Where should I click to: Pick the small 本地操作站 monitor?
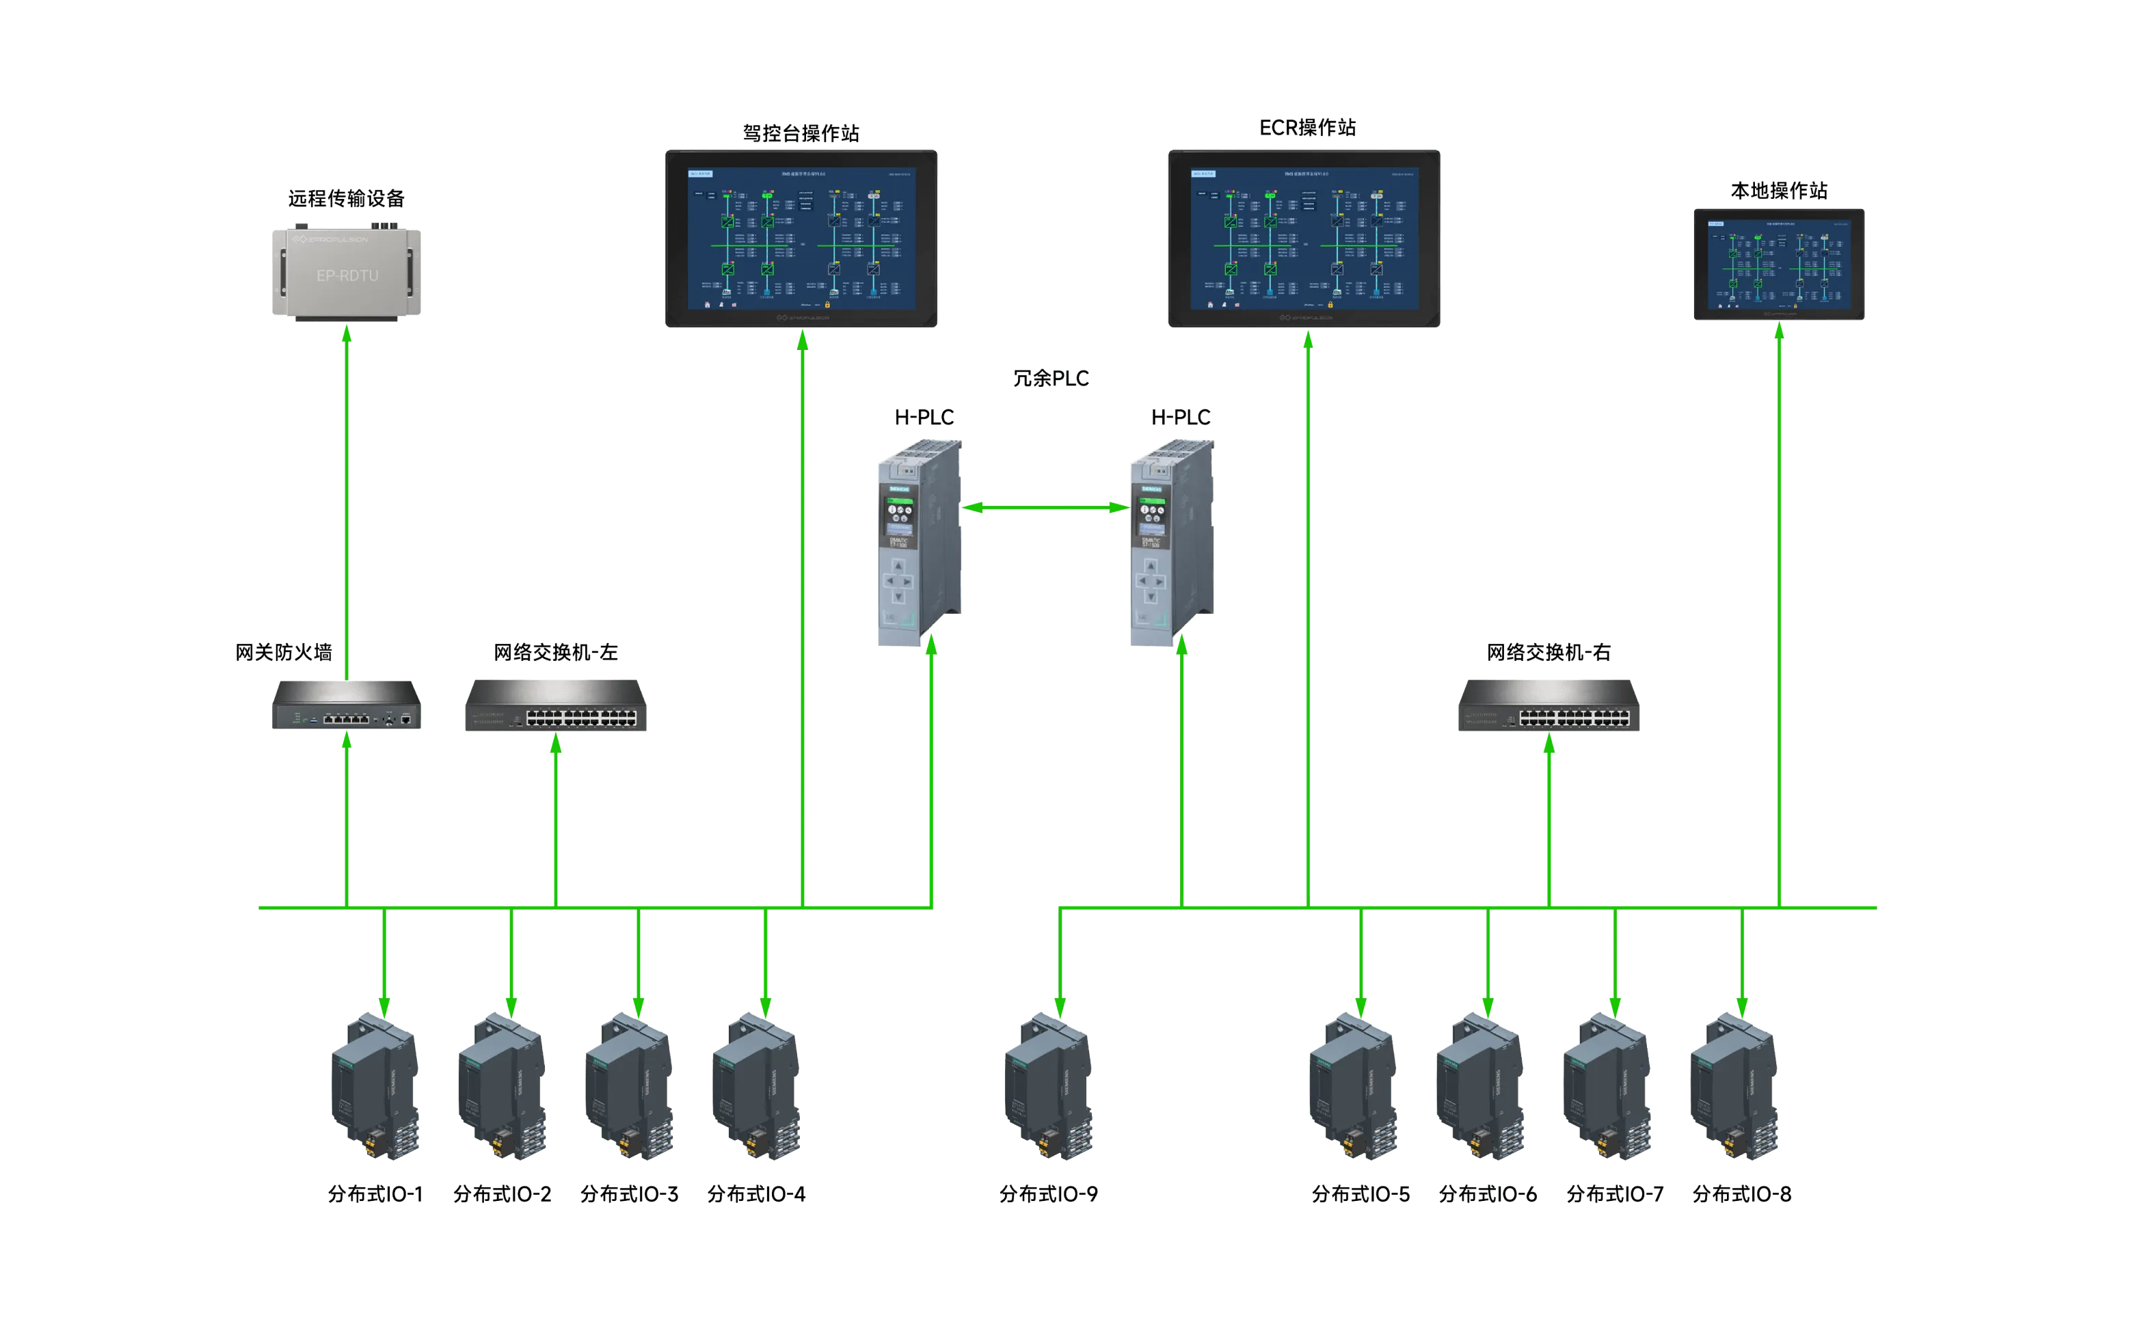point(1777,265)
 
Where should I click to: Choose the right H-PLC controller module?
point(1170,544)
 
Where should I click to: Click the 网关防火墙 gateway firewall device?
point(347,705)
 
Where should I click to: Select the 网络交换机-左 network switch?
point(557,705)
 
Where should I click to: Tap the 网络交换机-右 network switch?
point(1548,705)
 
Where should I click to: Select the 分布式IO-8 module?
point(1735,1089)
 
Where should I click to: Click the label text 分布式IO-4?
point(757,1194)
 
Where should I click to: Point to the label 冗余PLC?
point(1052,379)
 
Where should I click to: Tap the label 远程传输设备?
point(345,198)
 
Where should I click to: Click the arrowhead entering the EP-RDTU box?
point(347,334)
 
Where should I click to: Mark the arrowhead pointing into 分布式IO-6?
point(1488,1007)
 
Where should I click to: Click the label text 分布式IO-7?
point(1615,1194)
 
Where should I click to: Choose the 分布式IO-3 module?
point(630,1089)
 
